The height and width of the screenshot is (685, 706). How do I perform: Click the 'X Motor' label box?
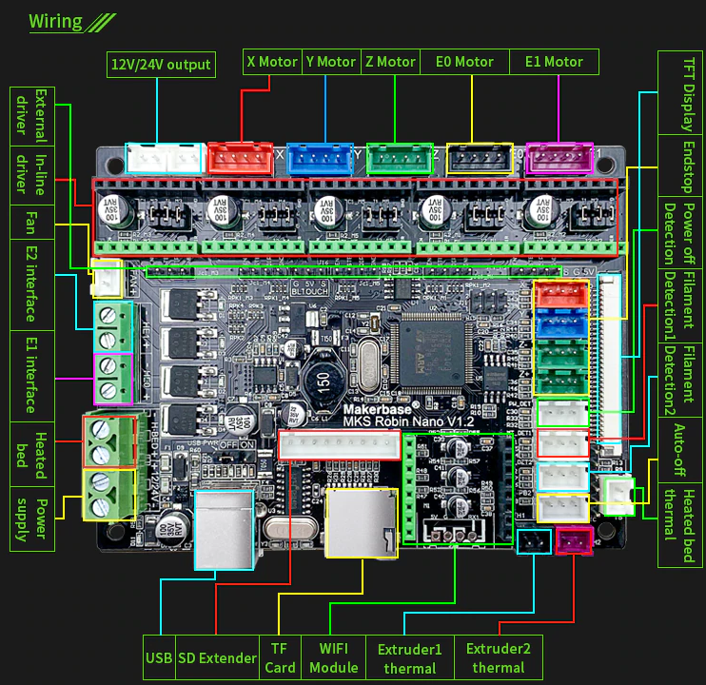coord(272,62)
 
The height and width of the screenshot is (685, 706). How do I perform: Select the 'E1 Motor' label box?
coord(554,62)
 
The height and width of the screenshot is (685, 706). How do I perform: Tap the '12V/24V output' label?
coord(161,65)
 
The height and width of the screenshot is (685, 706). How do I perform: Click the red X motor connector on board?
coord(240,158)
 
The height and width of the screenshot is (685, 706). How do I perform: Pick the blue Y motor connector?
coord(320,158)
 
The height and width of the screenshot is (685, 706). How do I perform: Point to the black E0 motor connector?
coord(480,158)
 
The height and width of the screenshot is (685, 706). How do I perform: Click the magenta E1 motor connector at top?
coord(559,158)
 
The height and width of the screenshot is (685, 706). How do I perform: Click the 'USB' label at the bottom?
coord(159,657)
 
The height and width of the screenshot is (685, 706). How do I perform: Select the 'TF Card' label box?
coord(280,657)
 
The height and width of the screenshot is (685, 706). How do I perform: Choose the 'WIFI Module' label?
coord(333,657)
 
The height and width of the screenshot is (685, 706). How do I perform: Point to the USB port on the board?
coord(224,529)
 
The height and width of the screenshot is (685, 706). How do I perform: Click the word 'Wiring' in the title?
coord(55,22)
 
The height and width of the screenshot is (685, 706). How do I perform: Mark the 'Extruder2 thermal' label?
coord(498,657)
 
